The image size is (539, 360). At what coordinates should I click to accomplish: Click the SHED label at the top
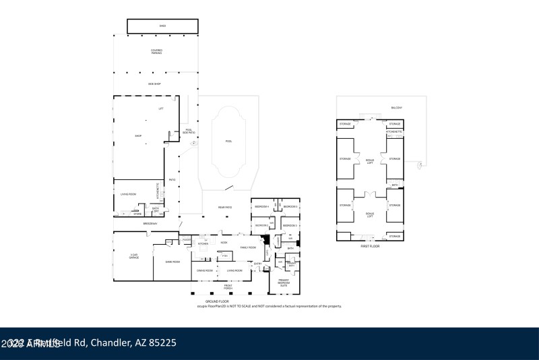(162, 26)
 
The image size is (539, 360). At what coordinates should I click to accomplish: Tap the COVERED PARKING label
(156, 51)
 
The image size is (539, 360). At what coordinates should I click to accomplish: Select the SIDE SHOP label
(155, 84)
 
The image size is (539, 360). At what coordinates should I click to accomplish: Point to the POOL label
(228, 141)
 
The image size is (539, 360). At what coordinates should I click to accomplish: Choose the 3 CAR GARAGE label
(133, 257)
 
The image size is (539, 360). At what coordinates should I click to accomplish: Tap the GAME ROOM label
(172, 262)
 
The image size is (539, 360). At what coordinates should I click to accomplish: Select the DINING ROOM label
(205, 270)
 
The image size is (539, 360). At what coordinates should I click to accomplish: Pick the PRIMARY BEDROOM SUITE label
(284, 284)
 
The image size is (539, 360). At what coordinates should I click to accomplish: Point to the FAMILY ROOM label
(249, 247)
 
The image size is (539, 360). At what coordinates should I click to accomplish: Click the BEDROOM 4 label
(261, 206)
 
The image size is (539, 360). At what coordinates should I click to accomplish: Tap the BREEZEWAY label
(150, 224)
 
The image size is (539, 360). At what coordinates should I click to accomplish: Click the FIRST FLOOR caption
(370, 246)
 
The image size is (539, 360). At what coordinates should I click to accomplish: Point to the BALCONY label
(397, 108)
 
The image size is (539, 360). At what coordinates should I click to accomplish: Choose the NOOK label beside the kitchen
(224, 242)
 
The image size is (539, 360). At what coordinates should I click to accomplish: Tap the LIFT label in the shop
(161, 109)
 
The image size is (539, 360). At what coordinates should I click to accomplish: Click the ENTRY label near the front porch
(258, 264)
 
